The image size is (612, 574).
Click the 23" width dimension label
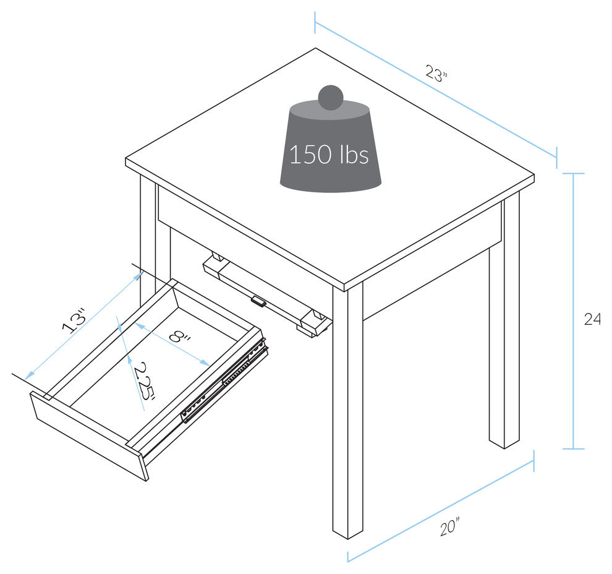436,74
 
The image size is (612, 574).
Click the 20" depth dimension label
449,527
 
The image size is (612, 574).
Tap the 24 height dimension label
592,320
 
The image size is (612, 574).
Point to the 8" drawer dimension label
179,337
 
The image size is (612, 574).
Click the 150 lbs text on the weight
329,154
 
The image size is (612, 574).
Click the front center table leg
348,408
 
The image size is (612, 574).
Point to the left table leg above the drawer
148,235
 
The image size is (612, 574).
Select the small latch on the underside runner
258,302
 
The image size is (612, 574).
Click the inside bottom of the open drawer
155,371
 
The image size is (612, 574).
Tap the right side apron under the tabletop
433,272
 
